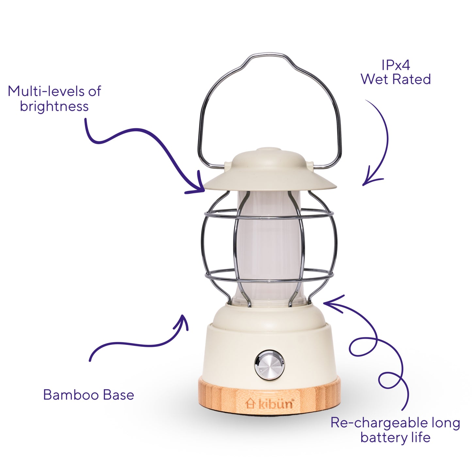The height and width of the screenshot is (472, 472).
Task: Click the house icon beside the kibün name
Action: pyautogui.click(x=250, y=403)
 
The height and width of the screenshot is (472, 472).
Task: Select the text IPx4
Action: pyautogui.click(x=396, y=65)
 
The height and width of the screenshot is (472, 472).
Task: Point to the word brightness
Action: pyautogui.click(x=54, y=106)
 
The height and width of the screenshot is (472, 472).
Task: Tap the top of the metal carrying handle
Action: pyautogui.click(x=269, y=54)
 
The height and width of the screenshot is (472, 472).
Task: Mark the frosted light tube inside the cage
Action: pyautogui.click(x=269, y=247)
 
